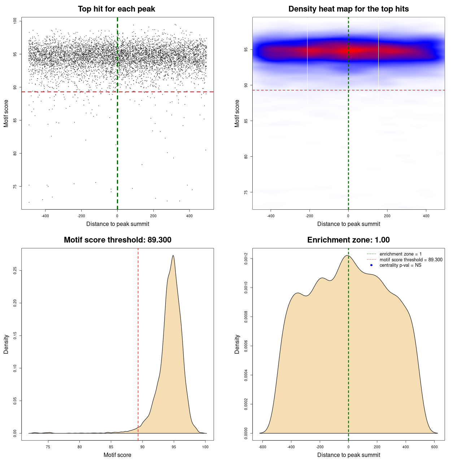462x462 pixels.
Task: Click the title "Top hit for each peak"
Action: [x=116, y=9]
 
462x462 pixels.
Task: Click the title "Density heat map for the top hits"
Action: [x=348, y=9]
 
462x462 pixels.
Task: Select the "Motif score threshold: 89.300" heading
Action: [x=117, y=240]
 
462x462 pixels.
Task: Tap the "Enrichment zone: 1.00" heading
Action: [x=348, y=240]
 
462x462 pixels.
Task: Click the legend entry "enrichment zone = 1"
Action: [x=400, y=254]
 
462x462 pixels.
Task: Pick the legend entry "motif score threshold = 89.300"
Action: [x=411, y=260]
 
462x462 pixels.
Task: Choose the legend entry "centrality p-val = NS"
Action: [x=400, y=265]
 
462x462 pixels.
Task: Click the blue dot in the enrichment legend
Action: [x=371, y=265]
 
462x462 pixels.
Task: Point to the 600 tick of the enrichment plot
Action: [x=435, y=447]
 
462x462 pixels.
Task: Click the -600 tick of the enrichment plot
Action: [x=262, y=447]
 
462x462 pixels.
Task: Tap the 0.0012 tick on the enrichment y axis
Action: [x=246, y=259]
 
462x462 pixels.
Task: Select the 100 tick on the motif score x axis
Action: [x=205, y=447]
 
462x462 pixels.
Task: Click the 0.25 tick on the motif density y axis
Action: [x=15, y=271]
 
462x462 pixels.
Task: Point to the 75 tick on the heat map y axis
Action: [x=246, y=192]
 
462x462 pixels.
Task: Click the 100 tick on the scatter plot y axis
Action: [x=15, y=21]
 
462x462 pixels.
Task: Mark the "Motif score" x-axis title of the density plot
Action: [x=117, y=455]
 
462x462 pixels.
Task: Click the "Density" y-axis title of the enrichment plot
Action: [x=237, y=344]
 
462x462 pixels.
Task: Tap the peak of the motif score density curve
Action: [x=174, y=256]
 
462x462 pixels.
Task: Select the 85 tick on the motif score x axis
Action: [x=111, y=447]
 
